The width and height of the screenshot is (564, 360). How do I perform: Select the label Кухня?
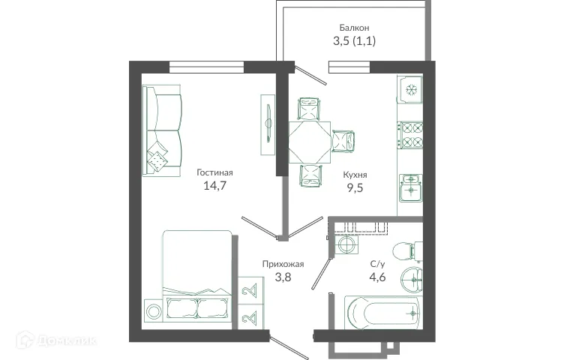coord(355,174)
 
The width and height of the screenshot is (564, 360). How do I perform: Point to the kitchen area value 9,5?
coord(355,188)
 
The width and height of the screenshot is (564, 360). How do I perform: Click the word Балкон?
coord(352,28)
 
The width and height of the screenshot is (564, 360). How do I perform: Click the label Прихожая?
coord(283,263)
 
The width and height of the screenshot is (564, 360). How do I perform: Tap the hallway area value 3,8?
coord(283,277)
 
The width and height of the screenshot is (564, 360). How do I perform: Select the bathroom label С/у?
coord(379,264)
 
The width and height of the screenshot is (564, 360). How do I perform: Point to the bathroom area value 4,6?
coord(379,278)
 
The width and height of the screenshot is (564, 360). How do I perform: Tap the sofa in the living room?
coord(163,129)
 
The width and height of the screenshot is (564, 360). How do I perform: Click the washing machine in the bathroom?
coord(346,245)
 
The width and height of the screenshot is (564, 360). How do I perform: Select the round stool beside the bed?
coord(153,311)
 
